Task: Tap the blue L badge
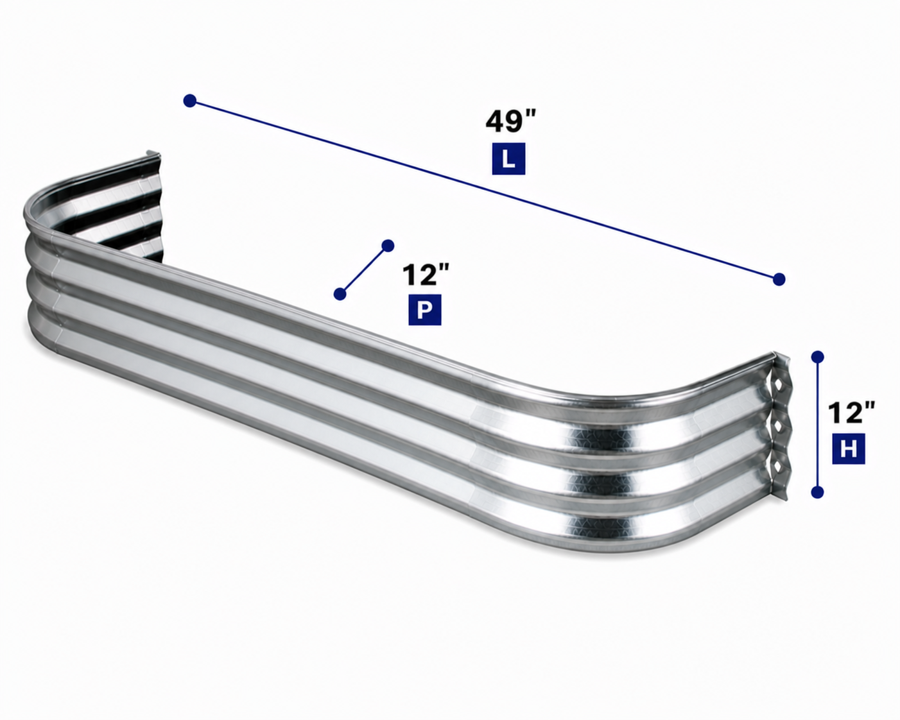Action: (x=508, y=159)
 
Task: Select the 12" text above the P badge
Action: (x=426, y=275)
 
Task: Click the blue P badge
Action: (x=424, y=310)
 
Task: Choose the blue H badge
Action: (x=849, y=449)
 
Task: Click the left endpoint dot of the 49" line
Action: (x=190, y=101)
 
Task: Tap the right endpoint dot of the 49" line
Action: (x=779, y=279)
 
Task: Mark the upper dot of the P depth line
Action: (x=388, y=245)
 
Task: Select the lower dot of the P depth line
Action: (x=340, y=294)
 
